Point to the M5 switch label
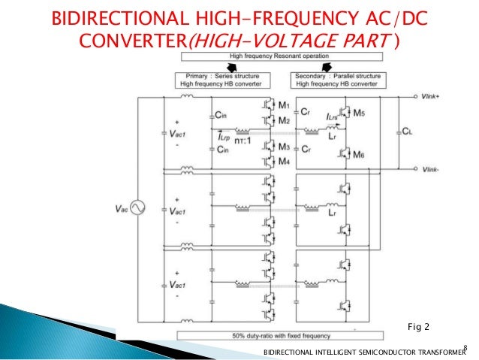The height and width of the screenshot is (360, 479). coord(360,113)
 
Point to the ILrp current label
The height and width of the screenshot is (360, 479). coord(224,136)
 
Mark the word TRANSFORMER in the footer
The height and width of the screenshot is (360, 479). coord(436,351)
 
